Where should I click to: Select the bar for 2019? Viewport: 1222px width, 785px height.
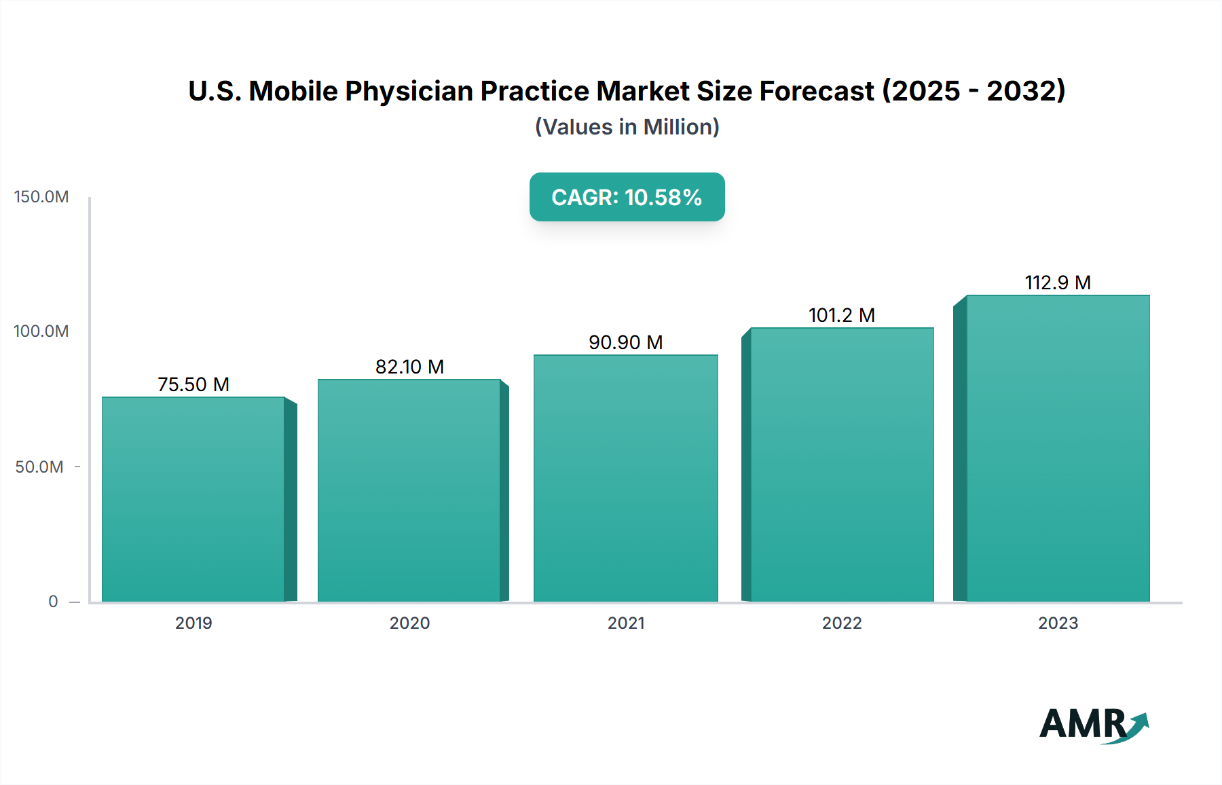tap(193, 499)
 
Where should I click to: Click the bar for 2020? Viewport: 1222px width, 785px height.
tap(409, 490)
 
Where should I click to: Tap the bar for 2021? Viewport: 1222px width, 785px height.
tap(626, 478)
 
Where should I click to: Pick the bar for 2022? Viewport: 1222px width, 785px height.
tap(842, 464)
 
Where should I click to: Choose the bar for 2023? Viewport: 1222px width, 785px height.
tap(1058, 448)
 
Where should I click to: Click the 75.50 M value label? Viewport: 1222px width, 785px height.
tap(193, 384)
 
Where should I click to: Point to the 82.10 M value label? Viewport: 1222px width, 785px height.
tap(409, 367)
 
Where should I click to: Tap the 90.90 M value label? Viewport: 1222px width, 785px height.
tap(625, 342)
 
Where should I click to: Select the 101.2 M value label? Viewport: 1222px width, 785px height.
tap(841, 315)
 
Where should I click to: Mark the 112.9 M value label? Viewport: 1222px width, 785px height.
tap(1057, 282)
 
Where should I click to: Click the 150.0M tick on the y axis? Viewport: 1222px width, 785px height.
tap(41, 197)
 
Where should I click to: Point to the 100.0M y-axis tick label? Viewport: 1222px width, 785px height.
tap(41, 331)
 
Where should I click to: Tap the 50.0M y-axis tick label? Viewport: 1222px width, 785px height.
tap(39, 467)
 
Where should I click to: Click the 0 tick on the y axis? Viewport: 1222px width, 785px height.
tap(53, 602)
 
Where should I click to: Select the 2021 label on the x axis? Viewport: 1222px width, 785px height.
tap(626, 623)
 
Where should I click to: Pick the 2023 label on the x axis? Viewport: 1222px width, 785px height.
tap(1058, 623)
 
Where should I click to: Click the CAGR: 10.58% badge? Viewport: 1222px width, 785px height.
tap(627, 197)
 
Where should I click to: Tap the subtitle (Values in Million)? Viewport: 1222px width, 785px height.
tap(627, 127)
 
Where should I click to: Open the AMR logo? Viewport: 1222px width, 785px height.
tap(1092, 724)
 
